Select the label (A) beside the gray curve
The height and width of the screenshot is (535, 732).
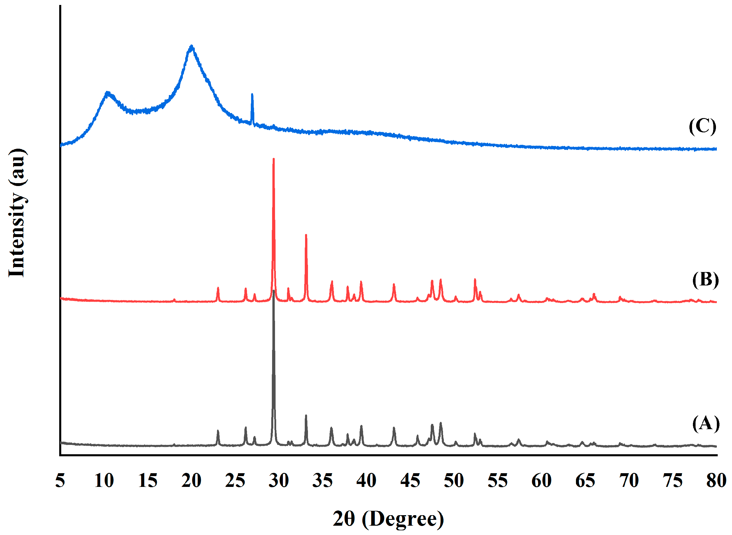[x=706, y=424]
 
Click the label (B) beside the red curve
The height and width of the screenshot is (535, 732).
[x=705, y=280]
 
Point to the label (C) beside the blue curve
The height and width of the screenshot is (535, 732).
[x=702, y=126]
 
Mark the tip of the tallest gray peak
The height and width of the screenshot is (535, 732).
[x=274, y=291]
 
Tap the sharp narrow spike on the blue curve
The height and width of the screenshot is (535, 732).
[x=252, y=94]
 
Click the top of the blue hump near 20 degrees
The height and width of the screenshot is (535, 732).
[x=191, y=46]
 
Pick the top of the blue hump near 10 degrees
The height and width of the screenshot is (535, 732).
[x=107, y=93]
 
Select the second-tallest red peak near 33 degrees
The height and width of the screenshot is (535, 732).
[x=306, y=235]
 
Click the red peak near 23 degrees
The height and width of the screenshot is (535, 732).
[x=218, y=288]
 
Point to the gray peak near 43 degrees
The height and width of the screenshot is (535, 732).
[x=394, y=428]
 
